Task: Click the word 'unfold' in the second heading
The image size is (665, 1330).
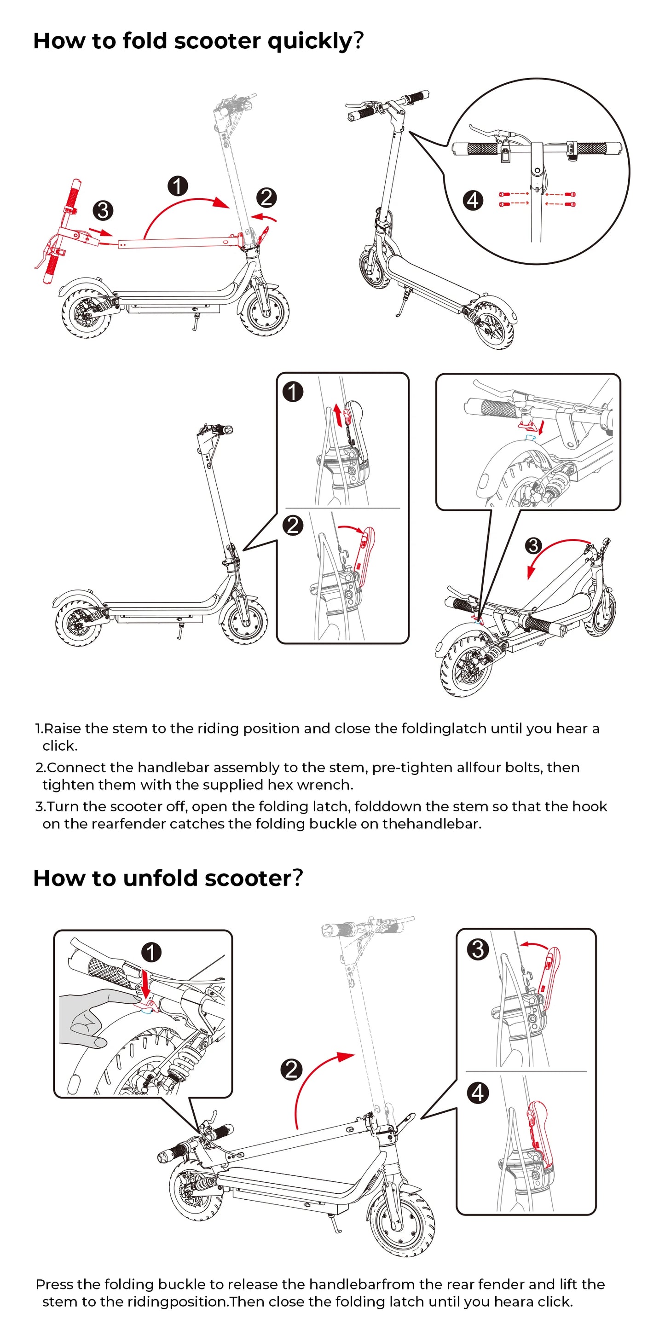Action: (160, 878)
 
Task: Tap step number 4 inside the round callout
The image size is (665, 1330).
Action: (473, 200)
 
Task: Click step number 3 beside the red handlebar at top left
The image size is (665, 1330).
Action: (103, 211)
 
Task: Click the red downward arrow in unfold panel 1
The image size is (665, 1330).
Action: (145, 983)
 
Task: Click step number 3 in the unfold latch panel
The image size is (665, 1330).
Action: (478, 949)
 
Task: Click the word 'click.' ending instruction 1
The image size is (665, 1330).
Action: (60, 746)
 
